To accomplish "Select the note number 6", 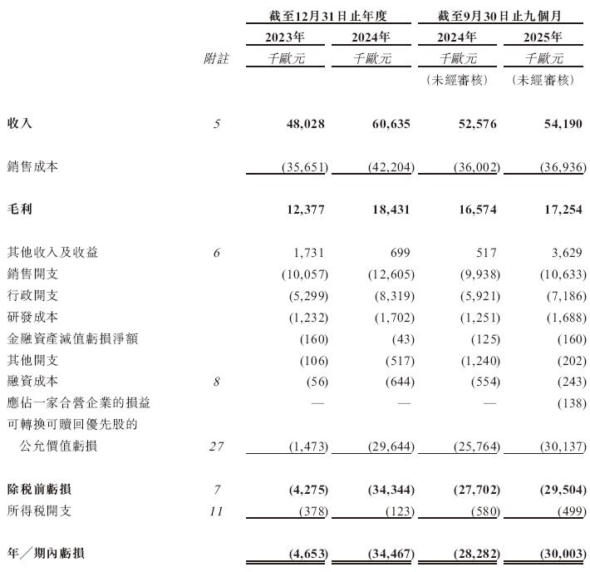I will click(x=217, y=252).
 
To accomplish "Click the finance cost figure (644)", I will click(x=394, y=382).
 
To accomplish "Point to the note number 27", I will click(x=217, y=446).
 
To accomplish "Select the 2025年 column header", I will click(x=543, y=37).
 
